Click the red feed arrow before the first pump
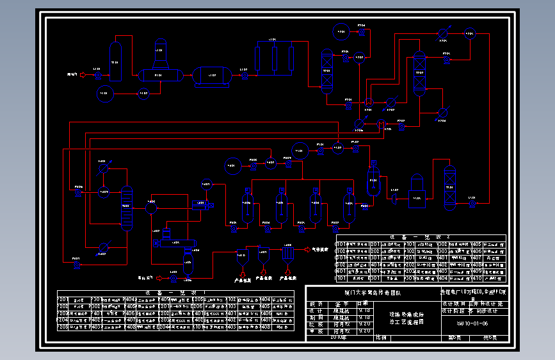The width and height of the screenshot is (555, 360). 83,75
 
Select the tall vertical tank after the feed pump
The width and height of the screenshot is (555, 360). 116,61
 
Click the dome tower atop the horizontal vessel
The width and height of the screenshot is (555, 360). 160,54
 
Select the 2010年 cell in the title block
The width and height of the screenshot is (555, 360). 338,336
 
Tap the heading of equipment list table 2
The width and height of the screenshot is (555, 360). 420,237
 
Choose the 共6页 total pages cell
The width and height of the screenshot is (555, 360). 490,337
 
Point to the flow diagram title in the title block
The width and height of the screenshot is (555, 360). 407,318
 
